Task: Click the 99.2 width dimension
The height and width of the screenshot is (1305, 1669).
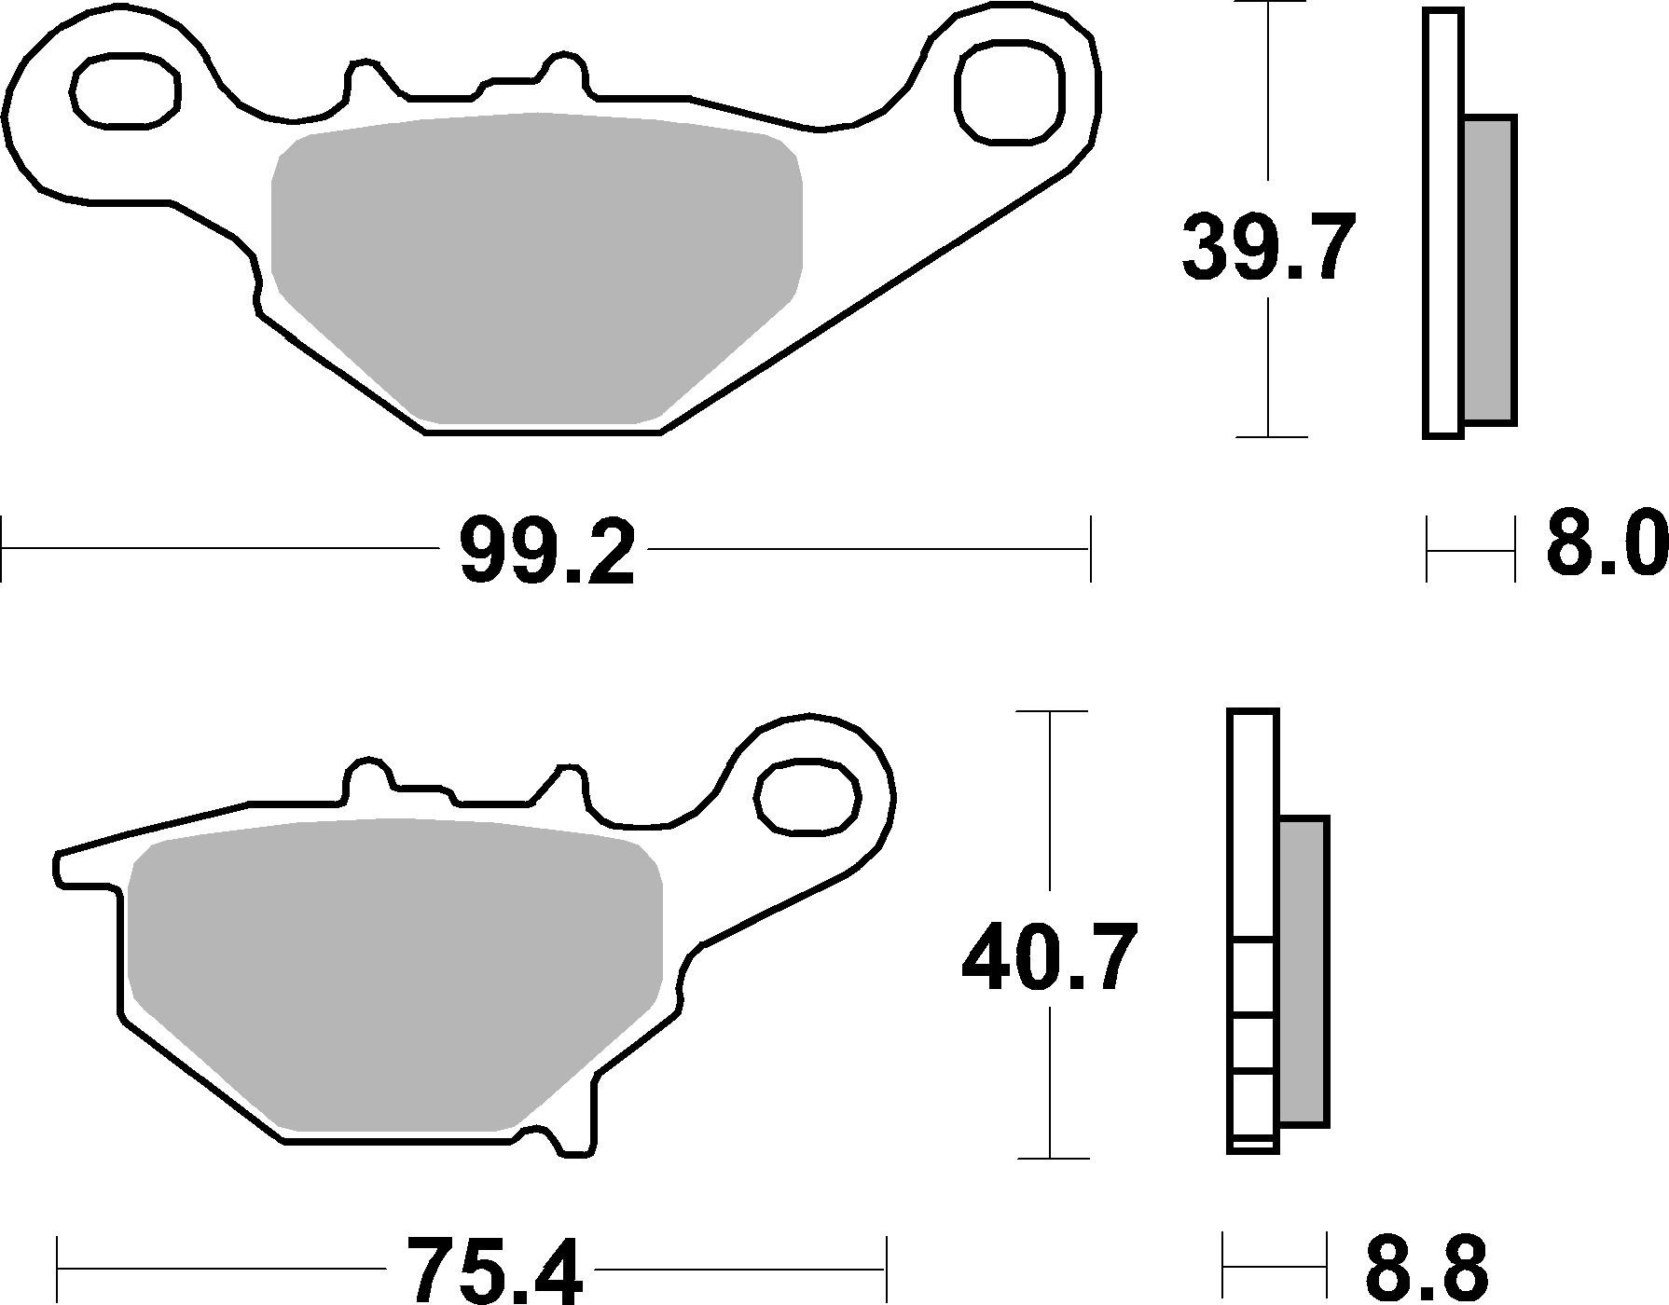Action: (547, 552)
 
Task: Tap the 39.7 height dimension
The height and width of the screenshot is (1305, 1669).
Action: (1267, 246)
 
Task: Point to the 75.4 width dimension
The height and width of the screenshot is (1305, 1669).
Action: (494, 1271)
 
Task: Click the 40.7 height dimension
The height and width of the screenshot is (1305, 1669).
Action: (1050, 957)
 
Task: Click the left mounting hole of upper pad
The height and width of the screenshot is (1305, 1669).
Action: (125, 90)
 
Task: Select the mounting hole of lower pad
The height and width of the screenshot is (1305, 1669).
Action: (807, 796)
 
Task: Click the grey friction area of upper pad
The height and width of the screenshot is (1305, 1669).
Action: (536, 266)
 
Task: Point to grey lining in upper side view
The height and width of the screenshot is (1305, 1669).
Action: (1488, 270)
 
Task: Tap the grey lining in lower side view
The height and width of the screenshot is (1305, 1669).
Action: (1303, 969)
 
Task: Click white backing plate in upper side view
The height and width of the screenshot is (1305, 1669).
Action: (1443, 224)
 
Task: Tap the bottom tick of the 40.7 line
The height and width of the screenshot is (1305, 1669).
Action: (1051, 1159)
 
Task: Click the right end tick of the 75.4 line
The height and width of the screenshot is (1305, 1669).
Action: (886, 1270)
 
